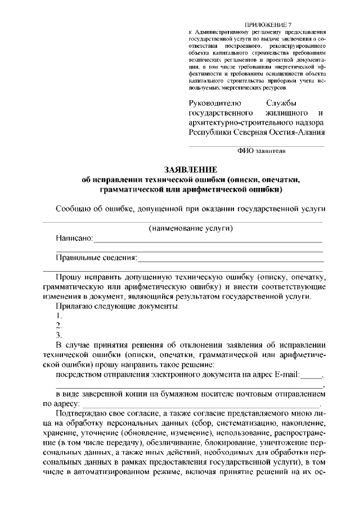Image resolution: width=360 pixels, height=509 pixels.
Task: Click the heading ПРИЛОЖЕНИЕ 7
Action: (x=269, y=25)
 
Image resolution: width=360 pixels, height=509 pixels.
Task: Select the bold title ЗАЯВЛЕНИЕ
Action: (x=190, y=169)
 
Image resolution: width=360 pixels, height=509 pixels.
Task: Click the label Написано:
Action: (x=74, y=238)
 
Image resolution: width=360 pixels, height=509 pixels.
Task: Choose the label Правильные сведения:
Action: (x=96, y=258)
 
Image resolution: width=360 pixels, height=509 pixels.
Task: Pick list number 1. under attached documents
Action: (x=58, y=316)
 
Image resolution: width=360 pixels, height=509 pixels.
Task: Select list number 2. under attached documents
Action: (x=58, y=326)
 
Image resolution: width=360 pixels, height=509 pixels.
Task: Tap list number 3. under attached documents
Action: (x=58, y=335)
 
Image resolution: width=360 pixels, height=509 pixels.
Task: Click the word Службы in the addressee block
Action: (x=281, y=103)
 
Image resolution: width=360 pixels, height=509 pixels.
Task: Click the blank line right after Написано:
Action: (x=208, y=241)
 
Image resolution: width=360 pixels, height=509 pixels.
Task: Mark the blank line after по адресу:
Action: (x=200, y=405)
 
